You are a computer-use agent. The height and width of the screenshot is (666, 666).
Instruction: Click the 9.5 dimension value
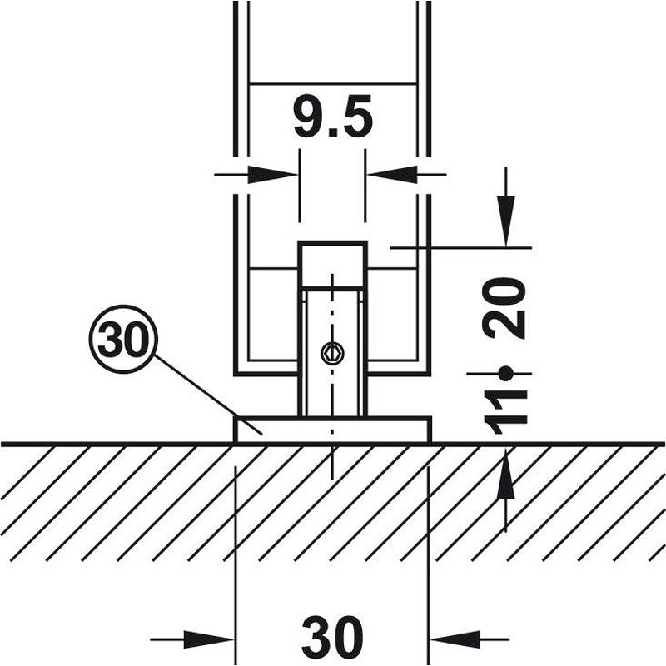pos(334,117)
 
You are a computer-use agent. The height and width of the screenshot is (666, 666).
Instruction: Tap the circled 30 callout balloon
pos(123,339)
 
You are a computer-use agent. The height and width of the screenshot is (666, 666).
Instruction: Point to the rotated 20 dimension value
pos(504,308)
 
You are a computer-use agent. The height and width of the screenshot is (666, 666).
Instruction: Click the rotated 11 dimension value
pos(504,410)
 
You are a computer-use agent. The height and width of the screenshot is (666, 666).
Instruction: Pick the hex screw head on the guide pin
pos(332,353)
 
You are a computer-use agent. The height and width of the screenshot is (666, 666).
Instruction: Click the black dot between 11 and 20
pos(505,374)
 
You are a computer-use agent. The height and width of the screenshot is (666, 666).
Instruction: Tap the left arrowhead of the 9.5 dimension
pos(272,174)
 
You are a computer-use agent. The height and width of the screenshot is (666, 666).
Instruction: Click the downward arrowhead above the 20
pos(506,221)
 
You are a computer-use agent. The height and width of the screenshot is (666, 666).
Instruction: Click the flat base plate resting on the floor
pos(332,430)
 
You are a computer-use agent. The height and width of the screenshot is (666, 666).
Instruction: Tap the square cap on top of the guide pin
pos(332,265)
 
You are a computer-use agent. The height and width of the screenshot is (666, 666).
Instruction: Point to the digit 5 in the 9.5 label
pos(355,117)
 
